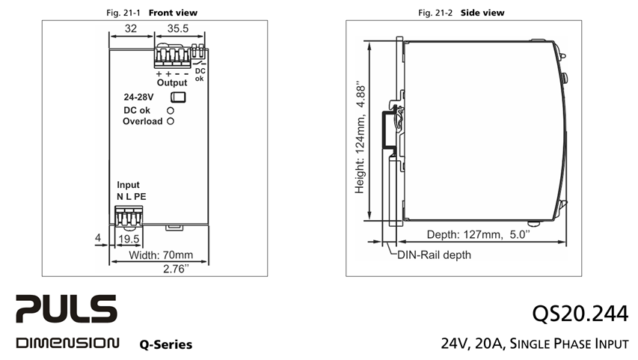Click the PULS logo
click(x=67, y=308)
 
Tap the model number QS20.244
click(x=580, y=314)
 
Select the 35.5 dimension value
click(x=178, y=28)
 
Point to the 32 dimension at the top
click(x=131, y=28)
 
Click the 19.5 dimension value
click(x=129, y=239)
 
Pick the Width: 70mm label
click(x=161, y=255)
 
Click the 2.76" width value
click(x=177, y=269)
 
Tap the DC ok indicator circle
click(x=171, y=110)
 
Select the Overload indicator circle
click(x=171, y=121)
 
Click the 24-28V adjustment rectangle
click(x=178, y=97)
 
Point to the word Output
click(x=172, y=82)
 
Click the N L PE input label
click(x=132, y=197)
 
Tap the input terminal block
click(x=129, y=216)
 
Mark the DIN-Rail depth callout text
click(x=434, y=255)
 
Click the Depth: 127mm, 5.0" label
click(x=479, y=234)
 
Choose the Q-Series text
click(x=166, y=344)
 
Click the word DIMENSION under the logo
click(x=67, y=343)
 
